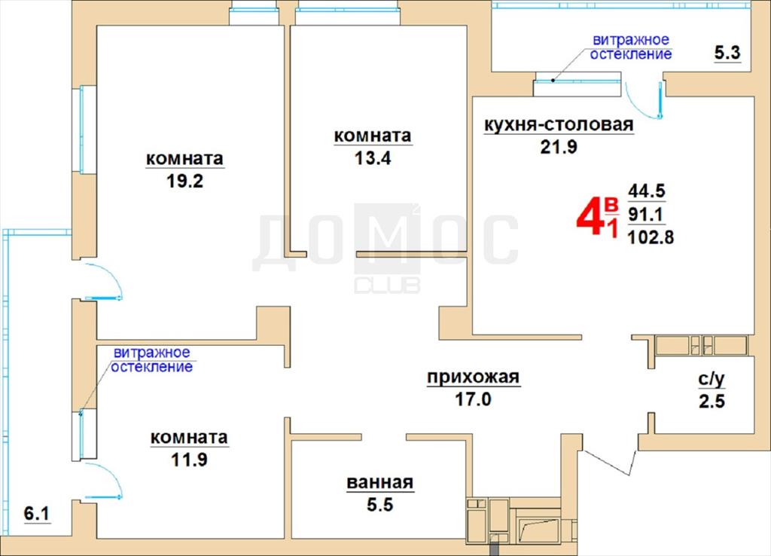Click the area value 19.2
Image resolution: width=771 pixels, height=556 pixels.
click(x=185, y=181)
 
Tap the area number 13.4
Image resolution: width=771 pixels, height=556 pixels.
click(x=373, y=158)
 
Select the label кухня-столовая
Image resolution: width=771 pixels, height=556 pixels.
click(x=559, y=124)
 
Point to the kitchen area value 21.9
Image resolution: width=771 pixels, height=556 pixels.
click(x=559, y=146)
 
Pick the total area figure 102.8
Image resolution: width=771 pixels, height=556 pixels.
click(x=651, y=237)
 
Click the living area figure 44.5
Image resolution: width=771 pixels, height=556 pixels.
click(x=647, y=191)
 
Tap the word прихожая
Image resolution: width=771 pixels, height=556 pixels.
click(x=473, y=377)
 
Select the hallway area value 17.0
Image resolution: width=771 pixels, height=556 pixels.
click(x=473, y=399)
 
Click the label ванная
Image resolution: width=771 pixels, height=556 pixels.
click(x=380, y=483)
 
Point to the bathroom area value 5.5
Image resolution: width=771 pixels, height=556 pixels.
click(x=380, y=504)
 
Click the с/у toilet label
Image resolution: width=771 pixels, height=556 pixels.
click(x=712, y=379)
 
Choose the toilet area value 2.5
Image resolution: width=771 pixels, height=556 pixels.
click(x=712, y=401)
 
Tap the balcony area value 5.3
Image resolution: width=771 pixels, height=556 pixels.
click(x=727, y=52)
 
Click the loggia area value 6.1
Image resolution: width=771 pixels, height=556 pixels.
click(x=37, y=514)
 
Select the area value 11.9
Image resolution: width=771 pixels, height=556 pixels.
click(x=189, y=460)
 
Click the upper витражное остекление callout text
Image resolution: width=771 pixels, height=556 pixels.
click(x=631, y=47)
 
